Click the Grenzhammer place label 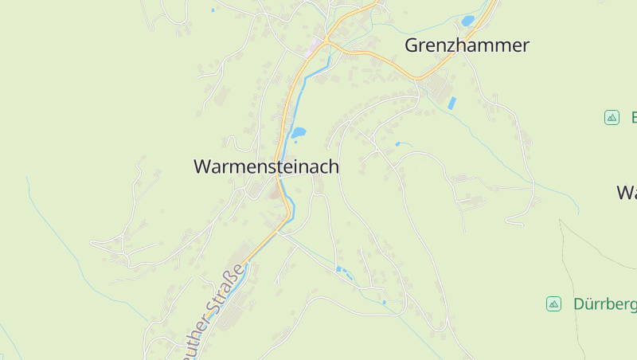pos(467,45)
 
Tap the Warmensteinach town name pos(266,167)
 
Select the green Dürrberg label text pos(604,304)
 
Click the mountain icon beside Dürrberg pos(553,304)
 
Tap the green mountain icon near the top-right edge pos(612,118)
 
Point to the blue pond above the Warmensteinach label pos(298,132)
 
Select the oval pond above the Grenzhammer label pos(468,21)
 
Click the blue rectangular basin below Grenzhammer pos(452,103)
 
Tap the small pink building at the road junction pos(317,42)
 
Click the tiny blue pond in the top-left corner pos(213,10)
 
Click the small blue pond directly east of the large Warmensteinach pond pos(398,143)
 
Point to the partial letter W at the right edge pos(626,193)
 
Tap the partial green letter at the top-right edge pos(635,118)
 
